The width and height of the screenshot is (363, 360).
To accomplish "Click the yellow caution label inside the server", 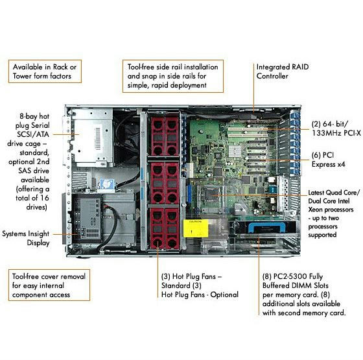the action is [x=196, y=228].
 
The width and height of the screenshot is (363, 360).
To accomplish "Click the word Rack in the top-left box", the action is [x=60, y=67].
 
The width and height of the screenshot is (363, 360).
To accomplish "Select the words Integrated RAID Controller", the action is [x=283, y=71].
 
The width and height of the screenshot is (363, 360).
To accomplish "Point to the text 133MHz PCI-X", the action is [x=336, y=133].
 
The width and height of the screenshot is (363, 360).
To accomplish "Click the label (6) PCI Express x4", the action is [x=328, y=160].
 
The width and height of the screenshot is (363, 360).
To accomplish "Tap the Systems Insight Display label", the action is [x=26, y=238].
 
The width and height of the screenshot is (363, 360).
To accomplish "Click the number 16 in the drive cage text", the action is [x=44, y=198].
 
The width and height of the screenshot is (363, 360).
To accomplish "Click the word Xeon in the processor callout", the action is [x=316, y=210].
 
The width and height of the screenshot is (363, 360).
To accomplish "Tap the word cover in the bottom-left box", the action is [x=50, y=276].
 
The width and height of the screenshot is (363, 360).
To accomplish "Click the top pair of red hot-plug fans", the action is [x=165, y=136].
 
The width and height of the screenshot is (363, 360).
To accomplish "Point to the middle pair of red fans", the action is [x=165, y=183].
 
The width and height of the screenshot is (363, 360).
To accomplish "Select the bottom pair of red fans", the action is [x=165, y=228].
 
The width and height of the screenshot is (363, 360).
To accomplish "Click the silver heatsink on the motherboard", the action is [x=234, y=151].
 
